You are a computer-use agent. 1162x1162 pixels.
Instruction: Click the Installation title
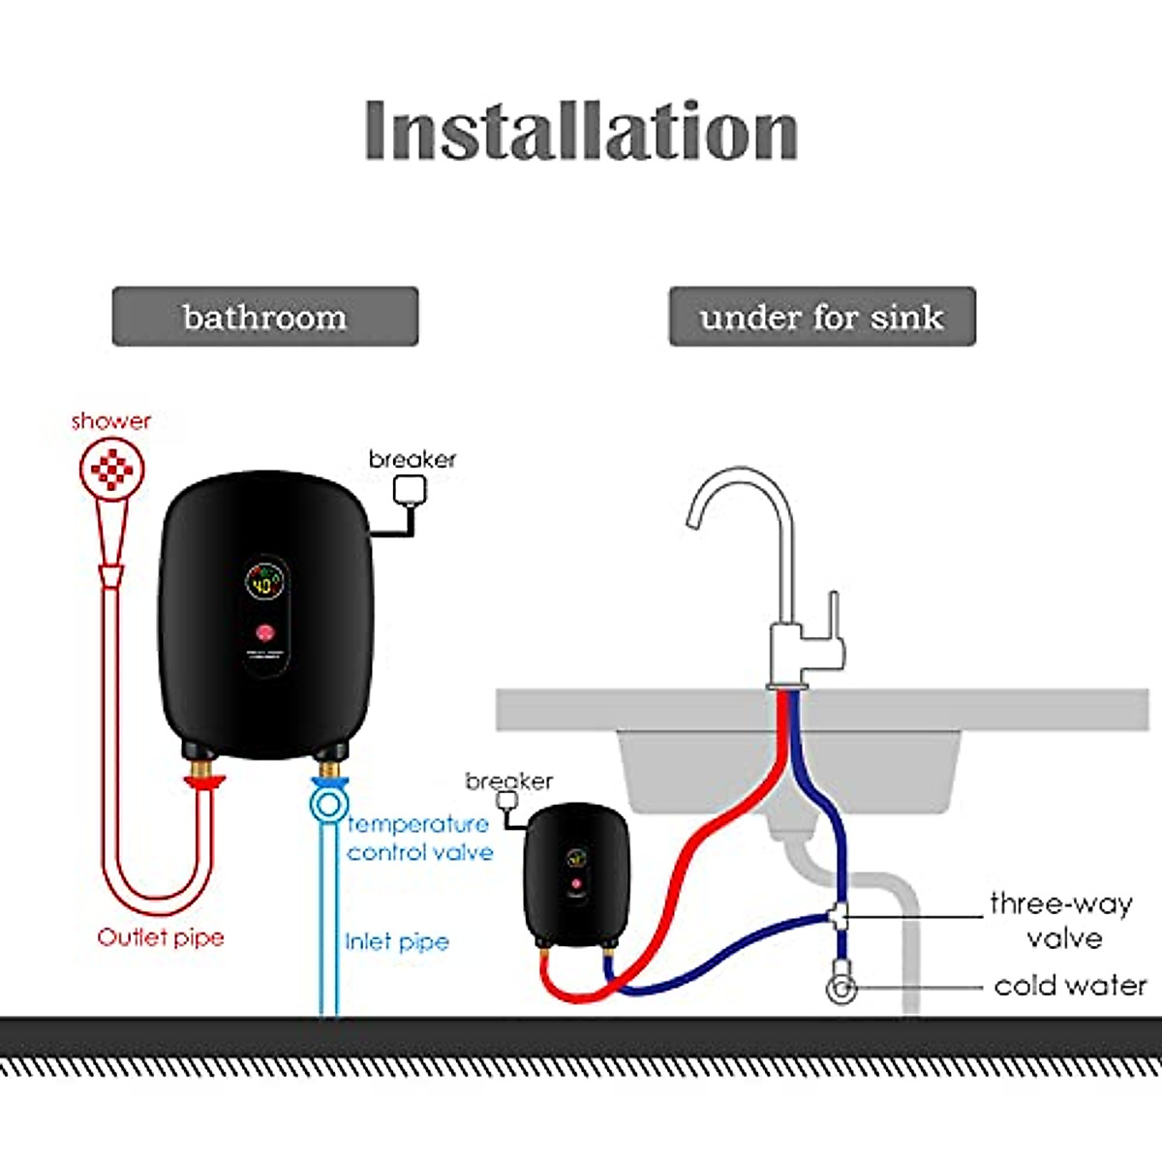(581, 131)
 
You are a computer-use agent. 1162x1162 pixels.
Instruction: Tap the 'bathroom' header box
(265, 317)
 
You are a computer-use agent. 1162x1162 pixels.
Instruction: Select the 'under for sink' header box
(822, 317)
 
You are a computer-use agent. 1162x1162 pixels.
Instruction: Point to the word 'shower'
(111, 421)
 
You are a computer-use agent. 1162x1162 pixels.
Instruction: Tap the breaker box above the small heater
(506, 801)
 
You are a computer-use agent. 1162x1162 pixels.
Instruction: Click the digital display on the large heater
(263, 584)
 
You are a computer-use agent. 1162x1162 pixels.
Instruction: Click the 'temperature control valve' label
(419, 838)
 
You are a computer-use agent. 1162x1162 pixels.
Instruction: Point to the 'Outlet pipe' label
(161, 937)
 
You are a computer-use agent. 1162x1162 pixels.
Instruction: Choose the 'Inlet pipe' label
(397, 941)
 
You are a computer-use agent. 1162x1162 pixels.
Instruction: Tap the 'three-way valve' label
(1062, 920)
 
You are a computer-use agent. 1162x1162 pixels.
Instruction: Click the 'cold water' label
(1070, 986)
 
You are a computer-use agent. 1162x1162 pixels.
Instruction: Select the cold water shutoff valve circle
(841, 989)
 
